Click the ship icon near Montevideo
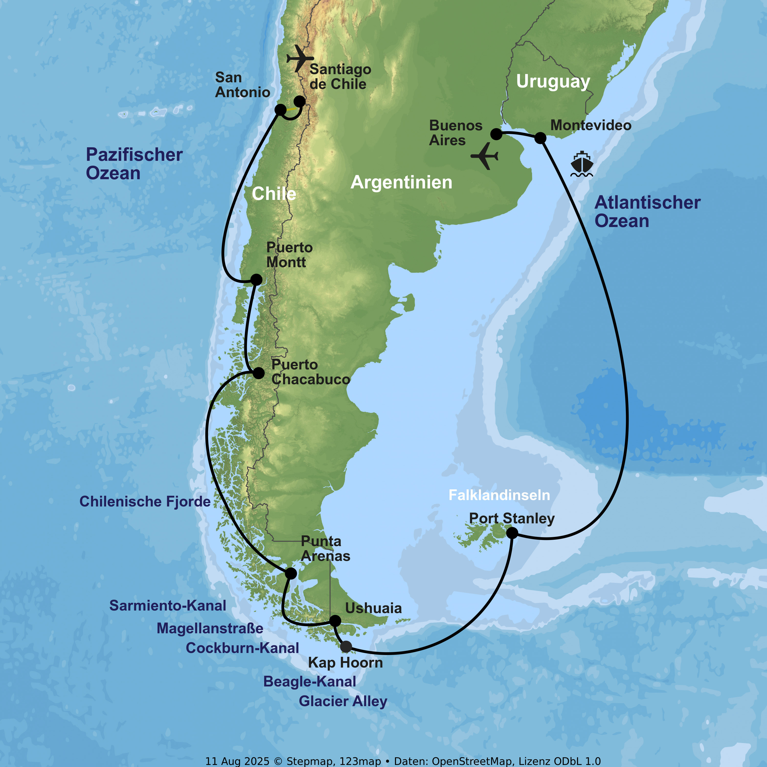[582, 164]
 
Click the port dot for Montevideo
[540, 138]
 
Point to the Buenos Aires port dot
[496, 134]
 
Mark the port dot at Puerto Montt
[256, 279]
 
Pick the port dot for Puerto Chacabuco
[258, 373]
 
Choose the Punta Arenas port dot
[291, 573]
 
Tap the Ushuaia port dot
[335, 621]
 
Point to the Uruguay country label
[553, 81]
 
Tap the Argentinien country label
[401, 183]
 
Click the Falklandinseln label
[499, 495]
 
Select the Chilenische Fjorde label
[145, 501]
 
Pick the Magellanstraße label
[210, 628]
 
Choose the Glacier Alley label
[343, 701]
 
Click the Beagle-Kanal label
[310, 682]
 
